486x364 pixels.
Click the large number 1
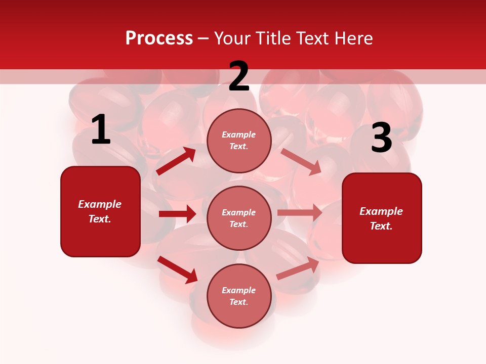[101, 130]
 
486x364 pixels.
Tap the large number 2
[239, 76]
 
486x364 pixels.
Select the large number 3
[381, 138]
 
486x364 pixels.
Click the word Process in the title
[159, 38]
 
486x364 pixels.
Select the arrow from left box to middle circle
[177, 214]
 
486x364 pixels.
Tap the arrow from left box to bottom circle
[177, 269]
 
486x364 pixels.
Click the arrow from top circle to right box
[301, 161]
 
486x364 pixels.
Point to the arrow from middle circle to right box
[300, 213]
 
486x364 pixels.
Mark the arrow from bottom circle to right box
[298, 268]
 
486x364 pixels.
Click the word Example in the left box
[100, 204]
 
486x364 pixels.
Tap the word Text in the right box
[381, 226]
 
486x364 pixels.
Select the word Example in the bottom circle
[239, 290]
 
